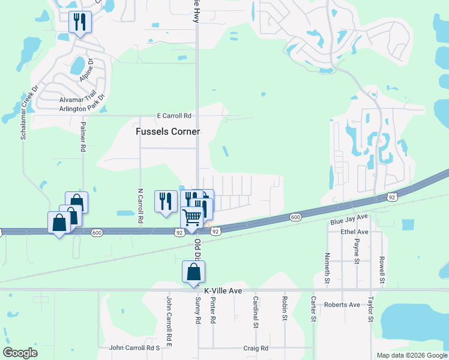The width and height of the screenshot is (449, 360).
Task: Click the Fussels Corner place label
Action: point(167,131)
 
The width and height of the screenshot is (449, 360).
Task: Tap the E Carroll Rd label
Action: point(173,116)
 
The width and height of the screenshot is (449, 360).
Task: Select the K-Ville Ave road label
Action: point(223,290)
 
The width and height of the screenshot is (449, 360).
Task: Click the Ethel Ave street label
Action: point(354,232)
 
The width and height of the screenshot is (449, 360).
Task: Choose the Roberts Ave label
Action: point(342,305)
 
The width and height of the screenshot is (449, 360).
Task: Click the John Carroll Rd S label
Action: point(134,348)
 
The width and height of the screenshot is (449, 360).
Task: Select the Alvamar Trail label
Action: point(77,100)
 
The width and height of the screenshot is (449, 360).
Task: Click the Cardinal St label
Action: point(255,312)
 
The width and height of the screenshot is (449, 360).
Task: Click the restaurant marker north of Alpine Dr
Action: point(79,22)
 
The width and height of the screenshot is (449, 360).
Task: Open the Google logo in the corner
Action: point(20,353)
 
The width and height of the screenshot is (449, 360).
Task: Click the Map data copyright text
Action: point(411,355)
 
